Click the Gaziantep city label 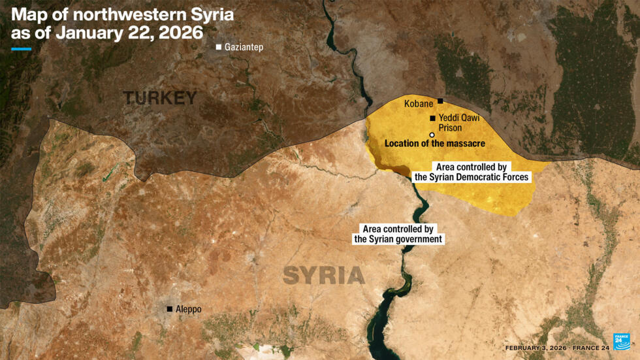[244, 48]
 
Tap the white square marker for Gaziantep [219, 48]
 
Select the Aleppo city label [188, 309]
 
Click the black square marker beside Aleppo [170, 309]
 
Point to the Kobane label [419, 104]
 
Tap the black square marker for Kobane [441, 101]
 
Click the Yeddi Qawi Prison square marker [432, 118]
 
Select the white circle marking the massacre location [432, 135]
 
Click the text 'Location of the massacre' [434, 143]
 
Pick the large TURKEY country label [160, 99]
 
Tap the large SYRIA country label [324, 276]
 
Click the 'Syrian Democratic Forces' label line [472, 177]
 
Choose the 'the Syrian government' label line [398, 240]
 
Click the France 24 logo [621, 342]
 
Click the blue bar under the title [21, 49]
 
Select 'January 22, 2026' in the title [129, 33]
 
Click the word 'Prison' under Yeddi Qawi [450, 128]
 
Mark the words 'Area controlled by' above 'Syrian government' [398, 229]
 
